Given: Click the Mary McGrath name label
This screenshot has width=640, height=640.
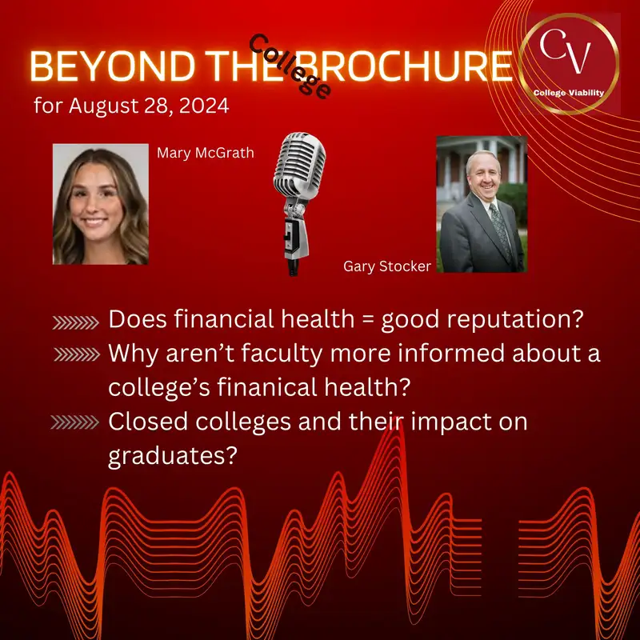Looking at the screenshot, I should tap(206, 152).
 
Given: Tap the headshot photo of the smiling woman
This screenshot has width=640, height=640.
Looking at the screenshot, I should tap(100, 204).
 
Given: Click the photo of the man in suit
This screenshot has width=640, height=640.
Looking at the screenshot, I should tap(480, 204).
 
